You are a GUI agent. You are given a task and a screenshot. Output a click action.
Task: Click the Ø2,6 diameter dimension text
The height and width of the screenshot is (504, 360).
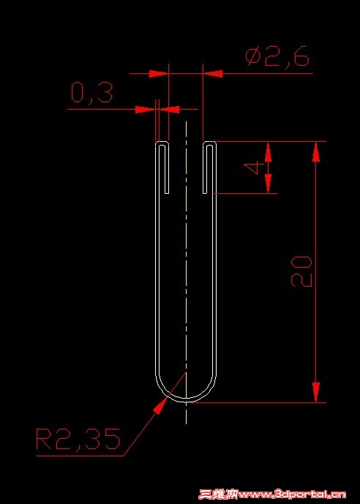(x=277, y=57)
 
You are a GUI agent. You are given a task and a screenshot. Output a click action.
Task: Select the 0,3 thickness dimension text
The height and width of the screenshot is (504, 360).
(x=92, y=93)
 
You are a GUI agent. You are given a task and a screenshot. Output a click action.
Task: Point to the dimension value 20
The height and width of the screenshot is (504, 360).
(x=301, y=271)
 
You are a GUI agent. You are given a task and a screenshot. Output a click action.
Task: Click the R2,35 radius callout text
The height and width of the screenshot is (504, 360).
(x=78, y=439)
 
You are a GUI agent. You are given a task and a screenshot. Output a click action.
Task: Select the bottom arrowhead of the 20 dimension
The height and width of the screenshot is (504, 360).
(x=316, y=392)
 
